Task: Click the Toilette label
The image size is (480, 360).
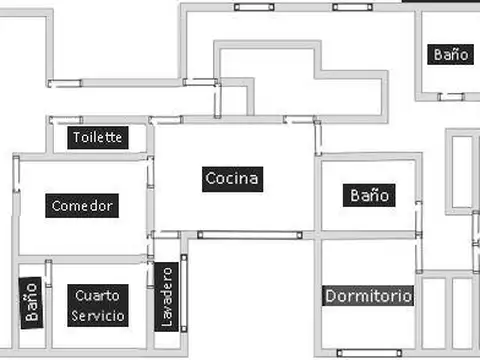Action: click(98, 137)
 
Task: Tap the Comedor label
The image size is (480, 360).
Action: click(84, 206)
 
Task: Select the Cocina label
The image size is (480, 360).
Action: click(232, 179)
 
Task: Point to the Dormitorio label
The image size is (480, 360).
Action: click(369, 297)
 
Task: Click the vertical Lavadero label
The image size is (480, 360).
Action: click(167, 296)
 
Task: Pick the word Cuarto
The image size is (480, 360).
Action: click(100, 295)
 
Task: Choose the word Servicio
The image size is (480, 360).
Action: click(99, 316)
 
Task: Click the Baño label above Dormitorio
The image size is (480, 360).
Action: click(369, 195)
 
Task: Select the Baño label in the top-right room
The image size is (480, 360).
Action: click(451, 55)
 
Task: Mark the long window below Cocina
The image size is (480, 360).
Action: click(249, 235)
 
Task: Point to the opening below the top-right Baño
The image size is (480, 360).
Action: click(451, 97)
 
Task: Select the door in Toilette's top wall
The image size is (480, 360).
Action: click(66, 120)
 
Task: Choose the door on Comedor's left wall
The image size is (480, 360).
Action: click(16, 174)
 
